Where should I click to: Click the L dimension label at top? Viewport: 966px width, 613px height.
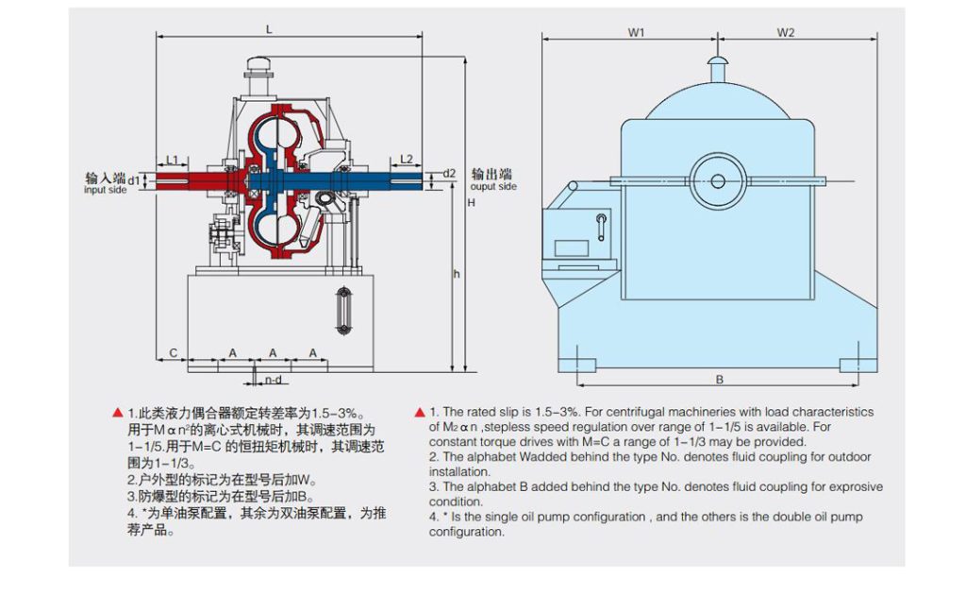click(x=269, y=29)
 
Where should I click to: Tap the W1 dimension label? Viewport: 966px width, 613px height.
click(x=637, y=32)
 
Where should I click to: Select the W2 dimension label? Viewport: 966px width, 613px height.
click(x=786, y=32)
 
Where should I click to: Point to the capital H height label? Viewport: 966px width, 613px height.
click(x=471, y=202)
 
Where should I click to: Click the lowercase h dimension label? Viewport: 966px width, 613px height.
click(x=456, y=274)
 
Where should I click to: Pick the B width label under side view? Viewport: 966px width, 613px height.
click(x=719, y=380)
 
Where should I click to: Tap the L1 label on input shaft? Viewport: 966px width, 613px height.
click(x=173, y=158)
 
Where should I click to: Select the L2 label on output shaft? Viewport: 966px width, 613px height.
click(x=407, y=158)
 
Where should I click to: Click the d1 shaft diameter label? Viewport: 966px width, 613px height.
click(x=134, y=179)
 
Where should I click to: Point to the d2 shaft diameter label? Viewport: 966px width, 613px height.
click(x=449, y=173)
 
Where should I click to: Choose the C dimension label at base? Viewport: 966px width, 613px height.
click(x=173, y=352)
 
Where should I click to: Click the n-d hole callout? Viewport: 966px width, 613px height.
click(x=273, y=380)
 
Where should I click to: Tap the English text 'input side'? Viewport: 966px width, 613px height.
click(x=105, y=190)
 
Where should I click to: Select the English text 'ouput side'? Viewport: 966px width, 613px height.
click(x=494, y=186)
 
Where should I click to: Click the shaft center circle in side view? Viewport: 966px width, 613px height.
click(x=717, y=180)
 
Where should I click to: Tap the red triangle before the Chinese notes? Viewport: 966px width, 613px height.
click(x=117, y=413)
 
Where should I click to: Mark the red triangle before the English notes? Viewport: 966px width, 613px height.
click(x=419, y=413)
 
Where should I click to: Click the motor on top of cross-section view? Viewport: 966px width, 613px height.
click(x=258, y=68)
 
